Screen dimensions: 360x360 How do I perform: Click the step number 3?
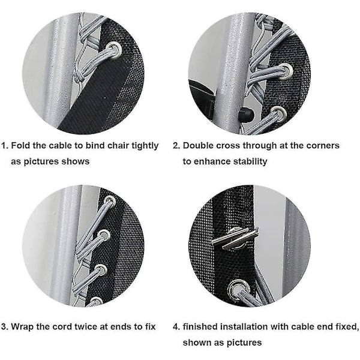coord(4,326)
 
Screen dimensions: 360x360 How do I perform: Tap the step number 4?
coord(176,326)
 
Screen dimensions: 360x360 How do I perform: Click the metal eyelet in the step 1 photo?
coord(114,50)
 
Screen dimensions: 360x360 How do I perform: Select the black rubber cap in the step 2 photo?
coord(246,113)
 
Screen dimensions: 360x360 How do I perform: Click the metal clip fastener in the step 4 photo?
coord(235,238)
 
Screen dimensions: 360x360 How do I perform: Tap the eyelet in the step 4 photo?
coord(239,289)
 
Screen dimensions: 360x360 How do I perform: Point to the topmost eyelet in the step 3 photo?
coord(110,200)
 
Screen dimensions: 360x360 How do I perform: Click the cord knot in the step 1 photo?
coord(79,78)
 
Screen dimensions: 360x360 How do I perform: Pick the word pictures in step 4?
coord(244,343)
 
